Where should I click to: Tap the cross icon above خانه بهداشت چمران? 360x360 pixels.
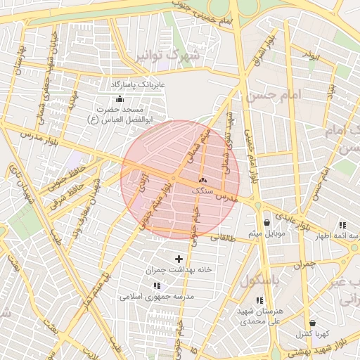coord(179,259)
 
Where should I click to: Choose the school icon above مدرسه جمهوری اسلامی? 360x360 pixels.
coord(156,285)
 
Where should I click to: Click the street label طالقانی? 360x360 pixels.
coord(221,238)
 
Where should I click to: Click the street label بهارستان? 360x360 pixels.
coord(19,60)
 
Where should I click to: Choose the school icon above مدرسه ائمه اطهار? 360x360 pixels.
coord(342,226)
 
